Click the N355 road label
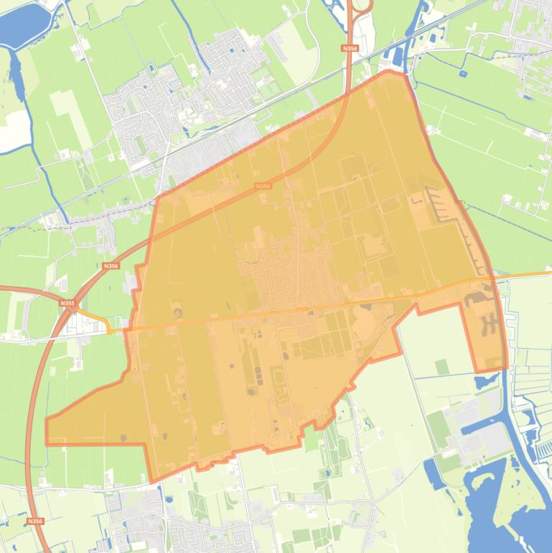tap(67, 304)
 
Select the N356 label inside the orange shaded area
tap(263, 186)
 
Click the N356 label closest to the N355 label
tap(111, 266)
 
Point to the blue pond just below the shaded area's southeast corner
tap(482, 381)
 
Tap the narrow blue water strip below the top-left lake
tap(16, 69)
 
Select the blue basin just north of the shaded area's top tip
tap(395, 55)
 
